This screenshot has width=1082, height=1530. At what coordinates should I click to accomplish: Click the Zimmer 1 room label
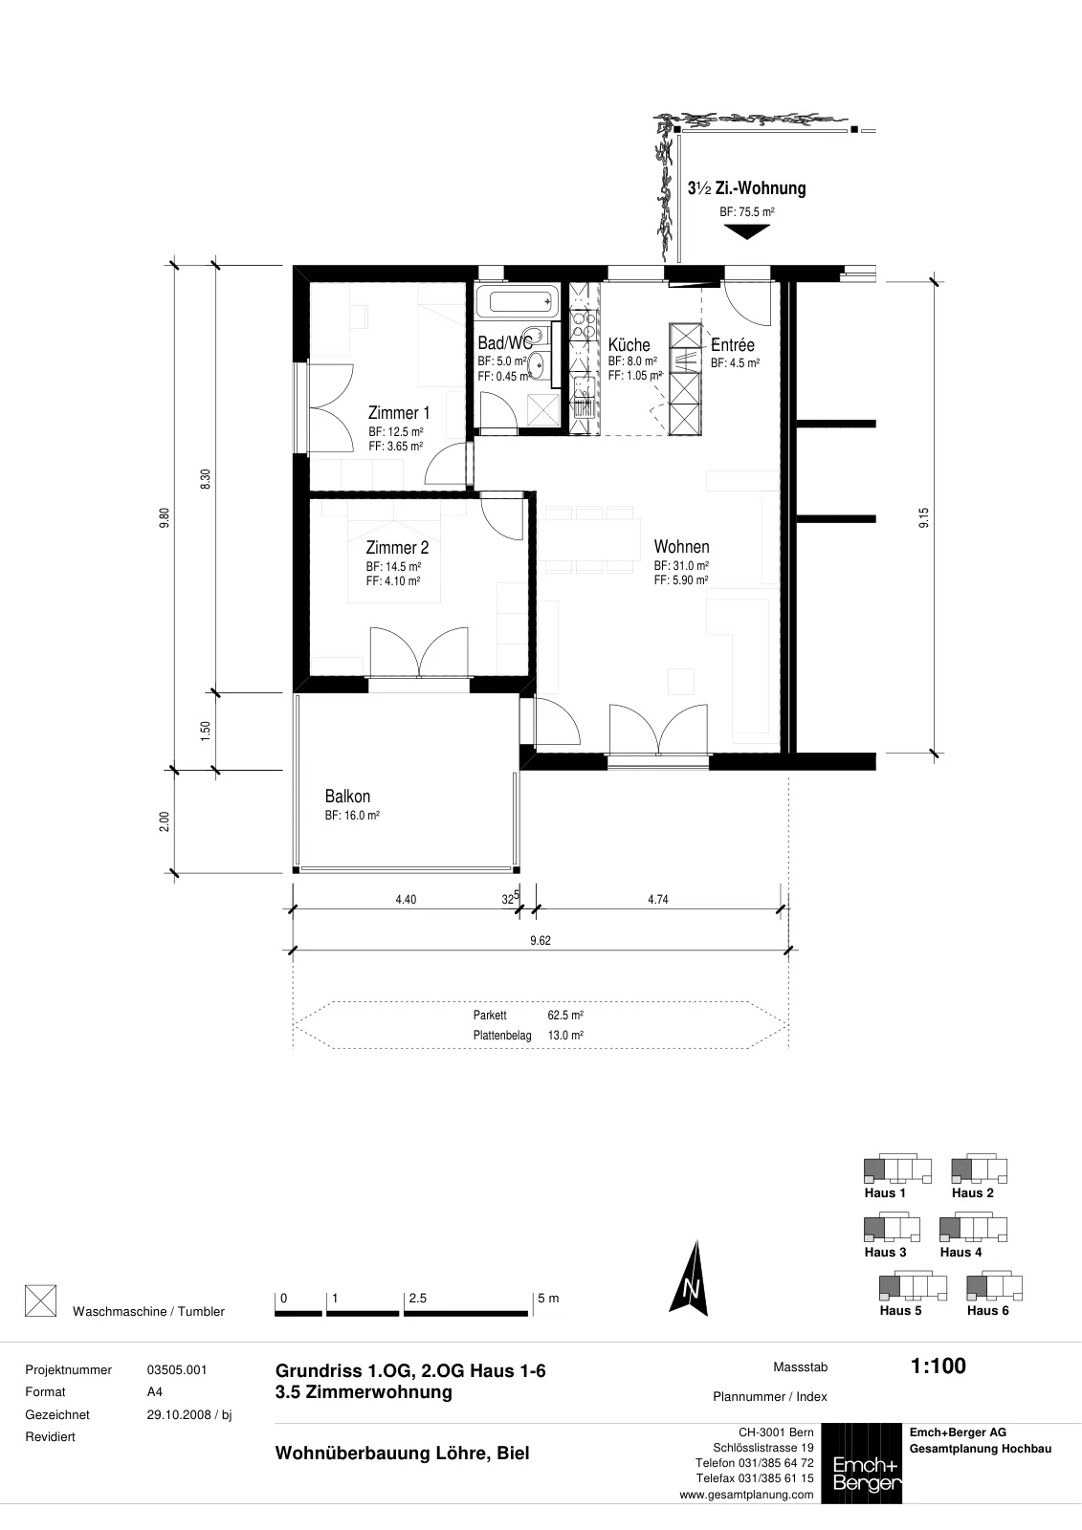399,413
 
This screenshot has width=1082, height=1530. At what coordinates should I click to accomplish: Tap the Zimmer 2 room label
397,548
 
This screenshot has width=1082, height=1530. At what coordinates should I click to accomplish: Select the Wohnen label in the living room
681,547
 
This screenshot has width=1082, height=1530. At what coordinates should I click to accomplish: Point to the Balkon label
347,797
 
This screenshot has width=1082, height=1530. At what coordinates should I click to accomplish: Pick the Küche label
629,345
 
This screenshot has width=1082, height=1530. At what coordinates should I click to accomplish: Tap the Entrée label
732,345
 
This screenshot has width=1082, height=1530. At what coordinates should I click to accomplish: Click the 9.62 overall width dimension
540,941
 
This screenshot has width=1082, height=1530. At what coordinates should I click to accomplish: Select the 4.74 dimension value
657,900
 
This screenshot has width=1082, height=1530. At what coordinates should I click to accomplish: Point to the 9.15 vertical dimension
923,517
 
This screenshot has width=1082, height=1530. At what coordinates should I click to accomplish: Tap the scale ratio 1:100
938,1366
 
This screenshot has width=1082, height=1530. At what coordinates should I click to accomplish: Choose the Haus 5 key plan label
900,1310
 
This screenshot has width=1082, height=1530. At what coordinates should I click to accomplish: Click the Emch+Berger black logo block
861,1463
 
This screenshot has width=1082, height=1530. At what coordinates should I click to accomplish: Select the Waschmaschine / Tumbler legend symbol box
40,1300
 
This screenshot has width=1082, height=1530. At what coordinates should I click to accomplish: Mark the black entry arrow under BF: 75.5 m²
746,232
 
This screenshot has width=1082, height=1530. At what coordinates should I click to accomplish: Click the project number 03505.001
176,1370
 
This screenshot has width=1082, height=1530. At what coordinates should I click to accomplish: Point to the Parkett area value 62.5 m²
565,1015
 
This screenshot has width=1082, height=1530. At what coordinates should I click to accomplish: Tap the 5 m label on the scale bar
548,1298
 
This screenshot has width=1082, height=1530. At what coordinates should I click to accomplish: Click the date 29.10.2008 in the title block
179,1414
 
